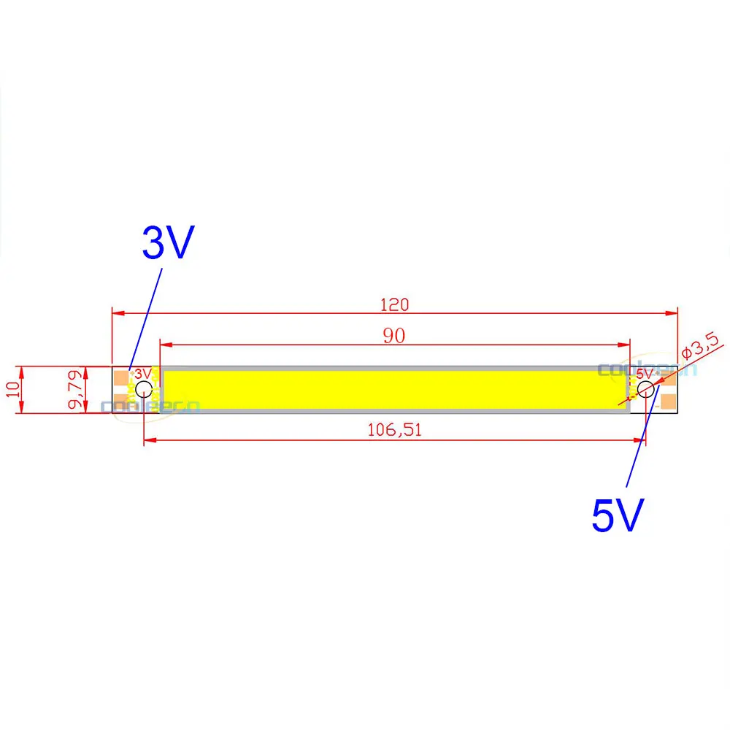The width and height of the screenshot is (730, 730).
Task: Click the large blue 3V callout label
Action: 167,243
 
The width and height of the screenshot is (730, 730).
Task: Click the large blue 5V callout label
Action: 617,516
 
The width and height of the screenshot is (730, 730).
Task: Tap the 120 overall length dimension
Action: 394,304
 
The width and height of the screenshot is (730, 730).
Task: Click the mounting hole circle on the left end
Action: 144,390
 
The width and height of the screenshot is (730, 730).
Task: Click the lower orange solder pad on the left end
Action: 121,403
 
